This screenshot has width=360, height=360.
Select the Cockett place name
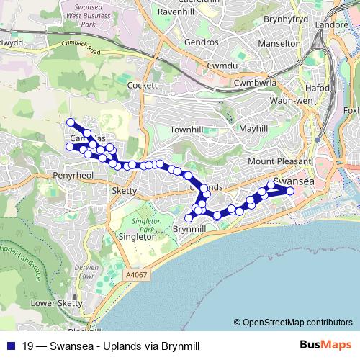tap(142, 85)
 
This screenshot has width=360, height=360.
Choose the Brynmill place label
tap(190, 229)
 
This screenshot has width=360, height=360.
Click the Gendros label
tap(201, 42)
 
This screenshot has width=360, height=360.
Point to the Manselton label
tap(278, 43)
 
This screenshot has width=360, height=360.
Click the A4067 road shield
tap(135, 274)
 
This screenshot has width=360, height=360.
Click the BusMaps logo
tap(325, 345)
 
